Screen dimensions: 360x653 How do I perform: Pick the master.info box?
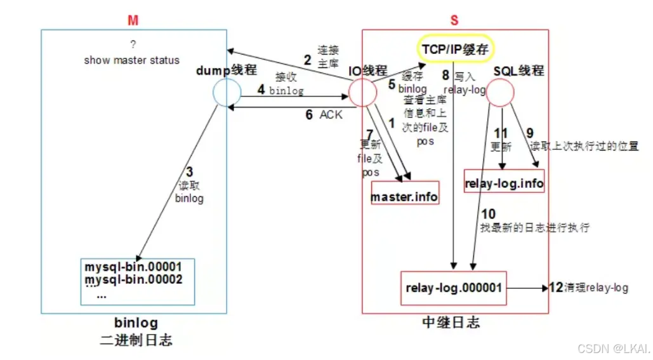tap(404, 197)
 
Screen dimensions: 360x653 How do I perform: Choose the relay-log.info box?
tap(504, 184)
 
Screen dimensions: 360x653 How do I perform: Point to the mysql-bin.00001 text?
tap(133, 267)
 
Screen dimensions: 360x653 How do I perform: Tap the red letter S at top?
tap(454, 20)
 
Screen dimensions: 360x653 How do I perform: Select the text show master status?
tap(131, 60)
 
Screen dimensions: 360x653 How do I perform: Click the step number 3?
tap(189, 172)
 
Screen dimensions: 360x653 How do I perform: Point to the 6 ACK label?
tap(323, 115)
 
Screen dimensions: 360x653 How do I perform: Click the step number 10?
tap(488, 214)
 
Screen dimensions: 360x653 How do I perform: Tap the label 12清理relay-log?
tap(588, 288)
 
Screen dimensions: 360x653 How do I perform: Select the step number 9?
tap(530, 134)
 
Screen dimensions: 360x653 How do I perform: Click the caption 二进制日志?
tap(136, 340)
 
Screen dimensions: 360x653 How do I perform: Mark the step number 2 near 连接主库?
tap(307, 60)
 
